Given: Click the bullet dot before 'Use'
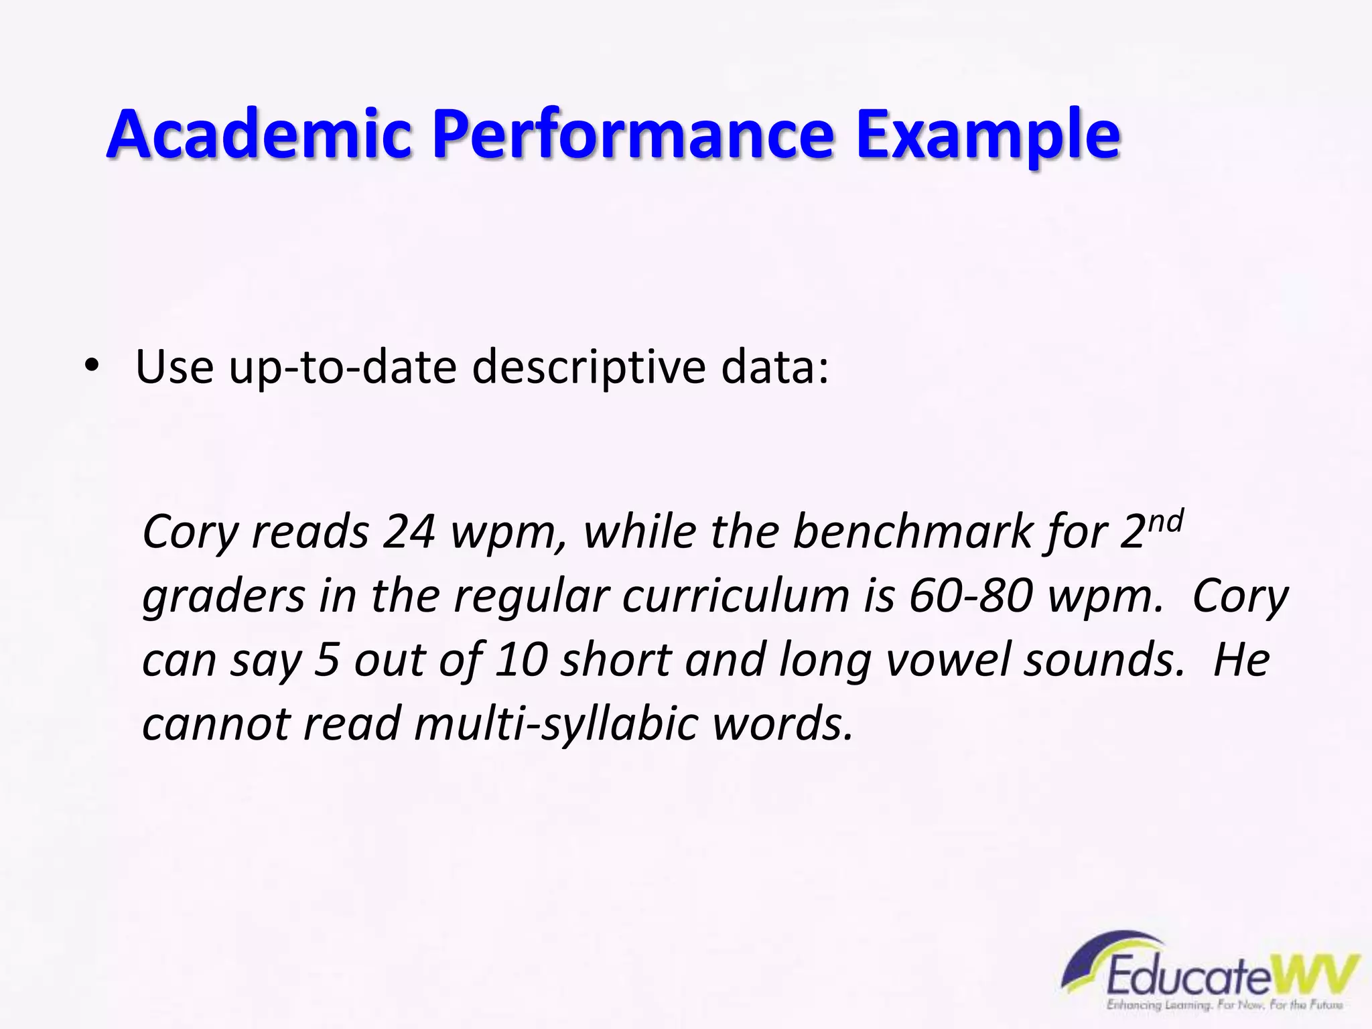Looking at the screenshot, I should pyautogui.click(x=92, y=366).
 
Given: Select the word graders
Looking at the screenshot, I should pyautogui.click(x=224, y=596).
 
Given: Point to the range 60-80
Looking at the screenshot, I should pyautogui.click(x=970, y=596).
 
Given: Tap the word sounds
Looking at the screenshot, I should pyautogui.click(x=1105, y=660).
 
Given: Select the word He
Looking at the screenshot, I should pyautogui.click(x=1241, y=660).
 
